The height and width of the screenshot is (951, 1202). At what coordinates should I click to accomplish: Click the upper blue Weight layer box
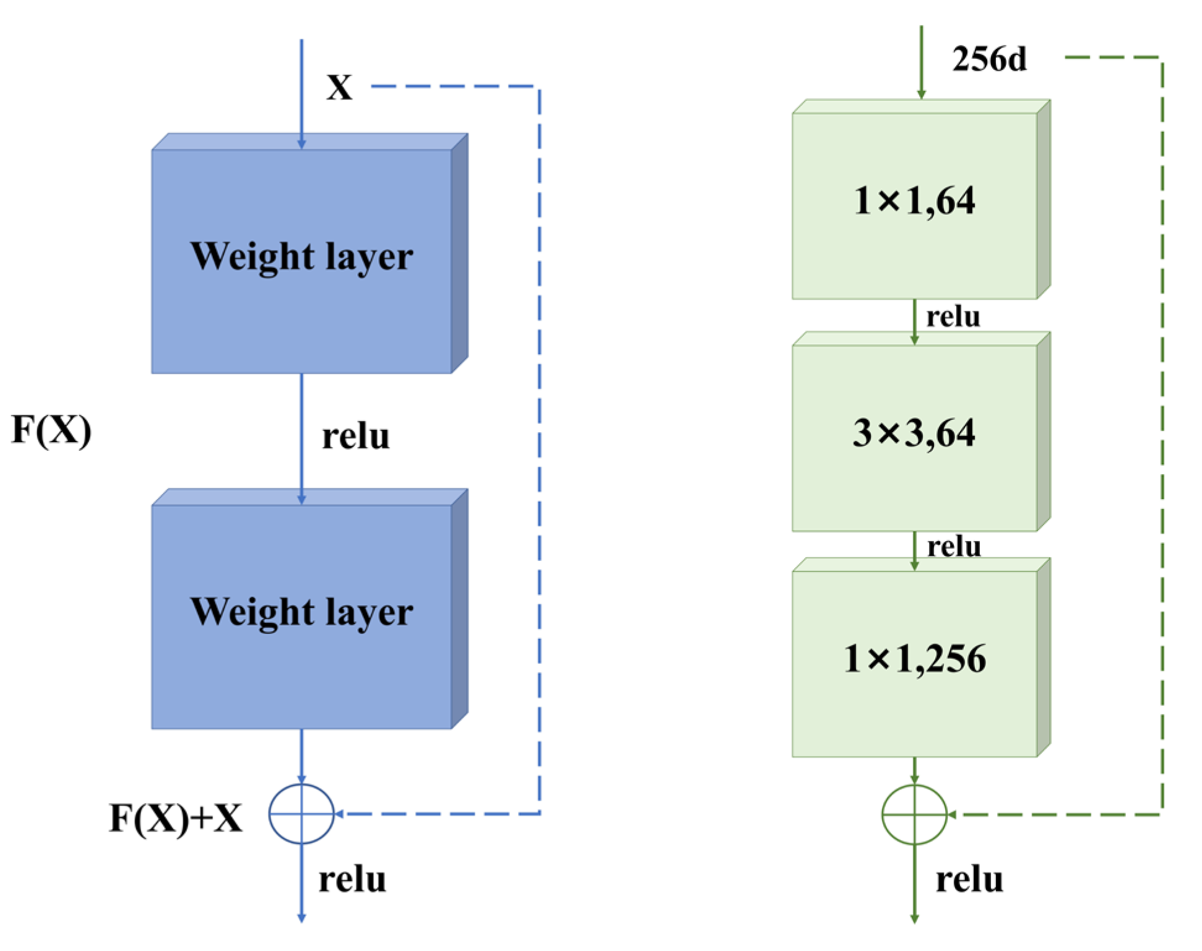(x=301, y=260)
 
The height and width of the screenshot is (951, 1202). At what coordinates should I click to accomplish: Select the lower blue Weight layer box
(x=301, y=616)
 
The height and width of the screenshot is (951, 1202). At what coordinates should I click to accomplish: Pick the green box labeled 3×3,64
(x=914, y=437)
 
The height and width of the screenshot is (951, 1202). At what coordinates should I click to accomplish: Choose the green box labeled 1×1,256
(x=914, y=662)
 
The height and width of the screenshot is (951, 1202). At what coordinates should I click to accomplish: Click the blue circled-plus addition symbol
(x=301, y=814)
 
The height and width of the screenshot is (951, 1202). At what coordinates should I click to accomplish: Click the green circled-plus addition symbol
(x=914, y=814)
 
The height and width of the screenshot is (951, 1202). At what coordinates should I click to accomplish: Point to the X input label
(x=339, y=87)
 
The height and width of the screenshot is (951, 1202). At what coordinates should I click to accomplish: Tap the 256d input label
(x=988, y=59)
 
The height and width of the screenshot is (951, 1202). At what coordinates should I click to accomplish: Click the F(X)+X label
(x=176, y=818)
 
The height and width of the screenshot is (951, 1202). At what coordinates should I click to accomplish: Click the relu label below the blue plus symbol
(x=352, y=879)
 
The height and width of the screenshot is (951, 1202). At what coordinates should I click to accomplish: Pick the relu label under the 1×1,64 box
(x=953, y=316)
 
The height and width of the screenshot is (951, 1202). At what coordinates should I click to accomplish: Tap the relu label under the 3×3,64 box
(x=953, y=546)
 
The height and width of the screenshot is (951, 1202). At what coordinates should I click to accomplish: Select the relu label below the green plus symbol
(x=969, y=879)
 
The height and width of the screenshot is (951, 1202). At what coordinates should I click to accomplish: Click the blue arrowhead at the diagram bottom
(x=301, y=918)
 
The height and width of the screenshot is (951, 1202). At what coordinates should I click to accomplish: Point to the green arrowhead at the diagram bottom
(x=914, y=919)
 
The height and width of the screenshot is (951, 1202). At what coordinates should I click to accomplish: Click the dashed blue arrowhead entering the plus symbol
(x=339, y=814)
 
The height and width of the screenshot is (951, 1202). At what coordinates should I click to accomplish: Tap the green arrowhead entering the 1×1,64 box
(x=921, y=94)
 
